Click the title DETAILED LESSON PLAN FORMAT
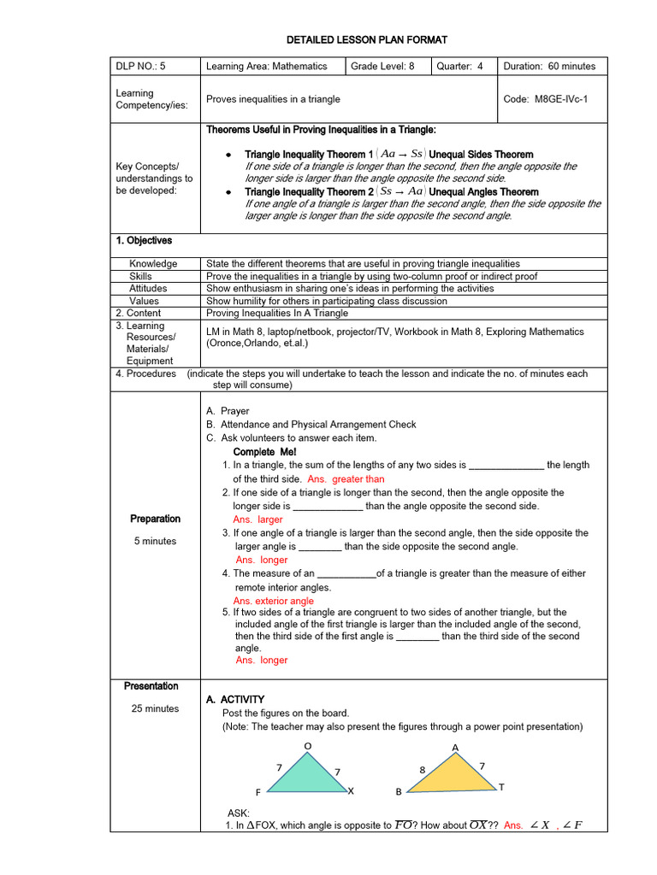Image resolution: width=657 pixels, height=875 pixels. point(366,40)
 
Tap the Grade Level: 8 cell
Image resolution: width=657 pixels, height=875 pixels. point(383,67)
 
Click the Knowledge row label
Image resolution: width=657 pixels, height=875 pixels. point(153,264)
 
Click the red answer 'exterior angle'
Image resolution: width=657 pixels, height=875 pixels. point(274,602)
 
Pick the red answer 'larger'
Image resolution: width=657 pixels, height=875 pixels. point(257,520)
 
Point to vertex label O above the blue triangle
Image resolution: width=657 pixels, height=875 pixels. point(307,747)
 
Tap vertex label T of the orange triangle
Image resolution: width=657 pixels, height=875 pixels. point(501,787)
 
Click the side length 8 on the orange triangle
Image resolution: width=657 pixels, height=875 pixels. point(422,771)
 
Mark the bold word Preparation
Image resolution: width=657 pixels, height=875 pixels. point(155,519)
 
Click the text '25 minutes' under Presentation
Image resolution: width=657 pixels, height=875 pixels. point(155,708)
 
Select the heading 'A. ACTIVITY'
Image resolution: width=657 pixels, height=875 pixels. point(235,700)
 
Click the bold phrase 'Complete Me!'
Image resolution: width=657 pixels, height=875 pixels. point(264,452)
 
